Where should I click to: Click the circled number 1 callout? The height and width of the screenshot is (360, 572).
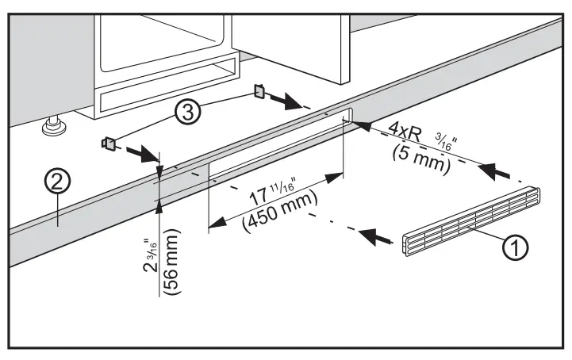[515, 248]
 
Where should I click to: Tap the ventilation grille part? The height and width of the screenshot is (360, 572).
[470, 223]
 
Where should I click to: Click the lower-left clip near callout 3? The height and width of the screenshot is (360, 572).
[109, 144]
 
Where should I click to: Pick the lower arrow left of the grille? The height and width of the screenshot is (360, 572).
[377, 234]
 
